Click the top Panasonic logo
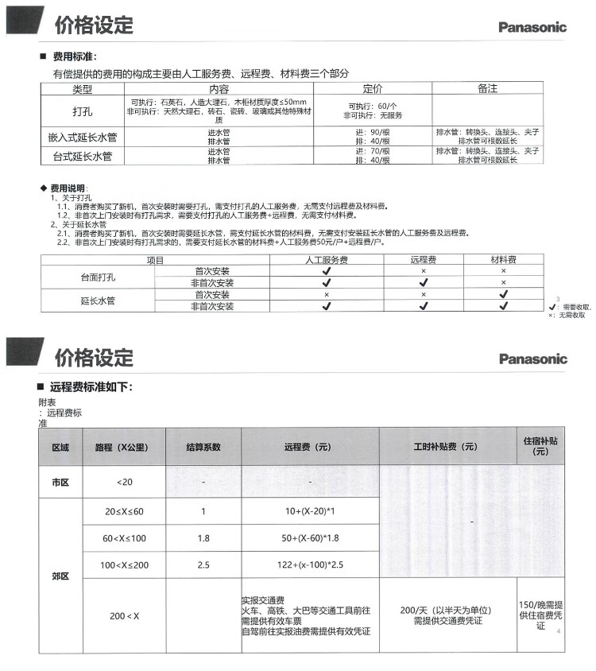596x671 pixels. (532, 27)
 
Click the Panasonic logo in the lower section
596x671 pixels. (532, 359)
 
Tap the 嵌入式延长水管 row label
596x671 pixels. (83, 136)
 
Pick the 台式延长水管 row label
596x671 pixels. (83, 155)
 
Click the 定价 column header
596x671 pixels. (373, 89)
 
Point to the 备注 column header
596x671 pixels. (487, 89)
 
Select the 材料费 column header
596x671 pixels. (502, 260)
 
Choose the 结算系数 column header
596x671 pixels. (203, 448)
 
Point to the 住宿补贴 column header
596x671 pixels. (541, 446)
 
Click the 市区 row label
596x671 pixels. (60, 482)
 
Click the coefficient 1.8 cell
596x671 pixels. (203, 538)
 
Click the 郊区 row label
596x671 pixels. (60, 576)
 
